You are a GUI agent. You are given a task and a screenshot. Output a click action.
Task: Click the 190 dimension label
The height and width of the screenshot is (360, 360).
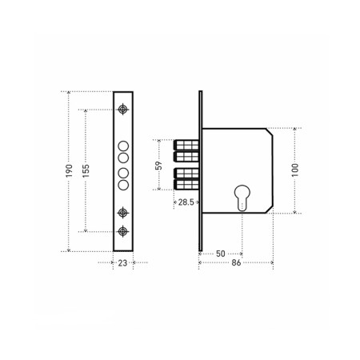click(x=69, y=171)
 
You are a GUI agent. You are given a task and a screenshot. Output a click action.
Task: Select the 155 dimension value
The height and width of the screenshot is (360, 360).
click(x=86, y=171)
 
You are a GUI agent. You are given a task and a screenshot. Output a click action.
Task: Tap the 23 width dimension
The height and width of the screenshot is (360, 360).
click(x=122, y=263)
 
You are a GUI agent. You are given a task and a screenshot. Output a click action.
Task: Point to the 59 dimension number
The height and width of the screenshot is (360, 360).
click(x=158, y=166)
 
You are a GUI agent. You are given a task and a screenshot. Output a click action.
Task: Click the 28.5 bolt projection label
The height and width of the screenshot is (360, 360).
click(x=186, y=202)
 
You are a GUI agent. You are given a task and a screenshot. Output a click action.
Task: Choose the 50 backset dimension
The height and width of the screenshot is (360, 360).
click(x=221, y=254)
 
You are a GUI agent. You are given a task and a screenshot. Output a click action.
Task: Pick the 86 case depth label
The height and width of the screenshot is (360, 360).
click(x=236, y=263)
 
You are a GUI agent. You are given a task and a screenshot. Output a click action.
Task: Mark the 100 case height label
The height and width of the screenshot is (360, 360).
click(x=295, y=170)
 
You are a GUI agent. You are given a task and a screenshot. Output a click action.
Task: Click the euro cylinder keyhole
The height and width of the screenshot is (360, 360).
click(x=242, y=198)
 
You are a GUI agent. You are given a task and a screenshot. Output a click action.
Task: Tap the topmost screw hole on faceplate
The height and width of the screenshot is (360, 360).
click(x=122, y=110)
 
